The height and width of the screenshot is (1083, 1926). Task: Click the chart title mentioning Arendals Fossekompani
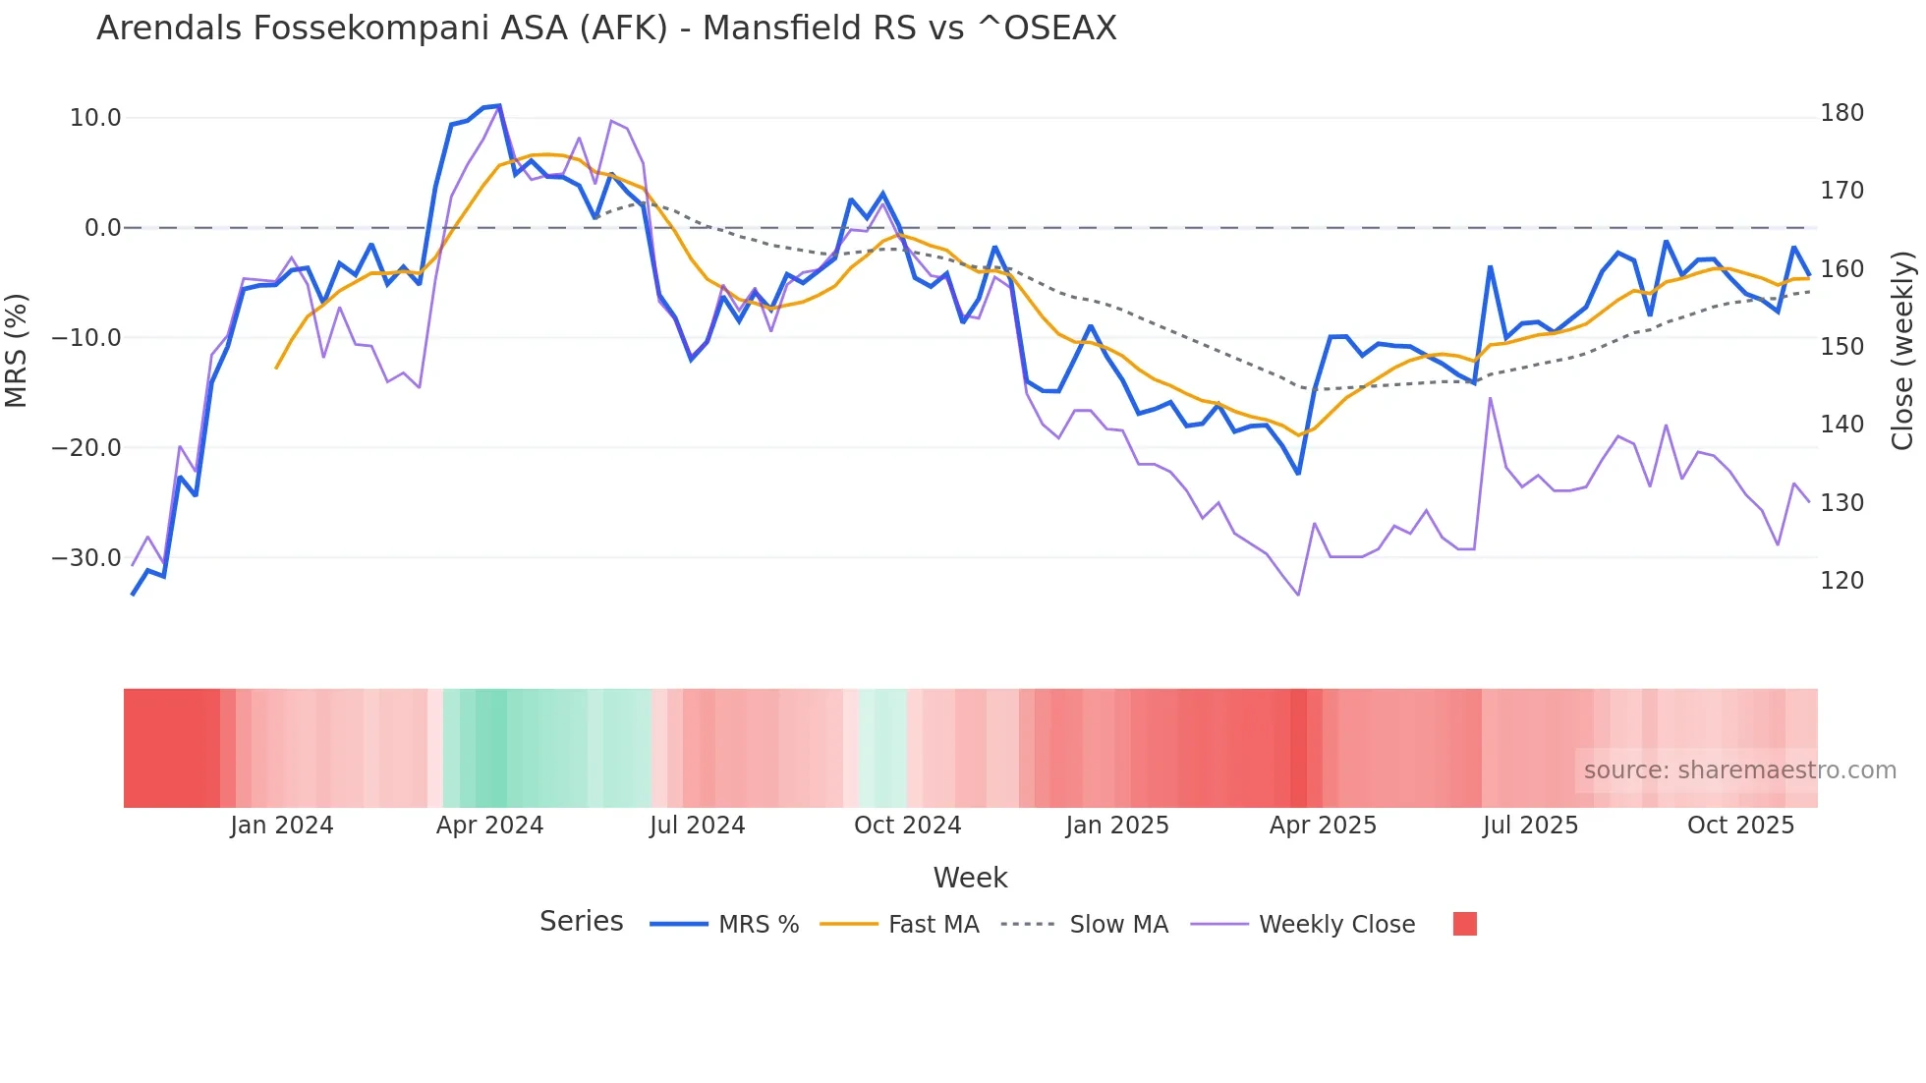tap(606, 28)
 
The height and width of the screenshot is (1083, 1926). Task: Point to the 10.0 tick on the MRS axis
tap(95, 118)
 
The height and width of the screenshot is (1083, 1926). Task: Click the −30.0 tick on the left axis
tap(86, 558)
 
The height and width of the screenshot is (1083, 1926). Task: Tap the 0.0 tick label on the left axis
tap(102, 228)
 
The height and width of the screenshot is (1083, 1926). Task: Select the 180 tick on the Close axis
tap(1841, 113)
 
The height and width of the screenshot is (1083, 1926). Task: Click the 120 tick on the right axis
tap(1841, 581)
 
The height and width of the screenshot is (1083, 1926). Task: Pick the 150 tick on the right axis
tap(1841, 347)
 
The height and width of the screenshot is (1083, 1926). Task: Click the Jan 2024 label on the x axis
tap(282, 826)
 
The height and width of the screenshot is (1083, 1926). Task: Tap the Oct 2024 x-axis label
tap(907, 826)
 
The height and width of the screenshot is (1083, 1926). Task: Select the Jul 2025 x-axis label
tap(1530, 826)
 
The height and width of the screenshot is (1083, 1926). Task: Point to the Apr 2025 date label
tap(1323, 826)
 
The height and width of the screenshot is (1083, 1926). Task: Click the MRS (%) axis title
tap(17, 350)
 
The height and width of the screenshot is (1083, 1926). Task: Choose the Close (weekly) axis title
tap(1903, 350)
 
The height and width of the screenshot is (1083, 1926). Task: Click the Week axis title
tap(970, 878)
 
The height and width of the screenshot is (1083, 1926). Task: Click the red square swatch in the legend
tap(1464, 924)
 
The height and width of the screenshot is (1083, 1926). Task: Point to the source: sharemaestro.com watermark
tap(1739, 770)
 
